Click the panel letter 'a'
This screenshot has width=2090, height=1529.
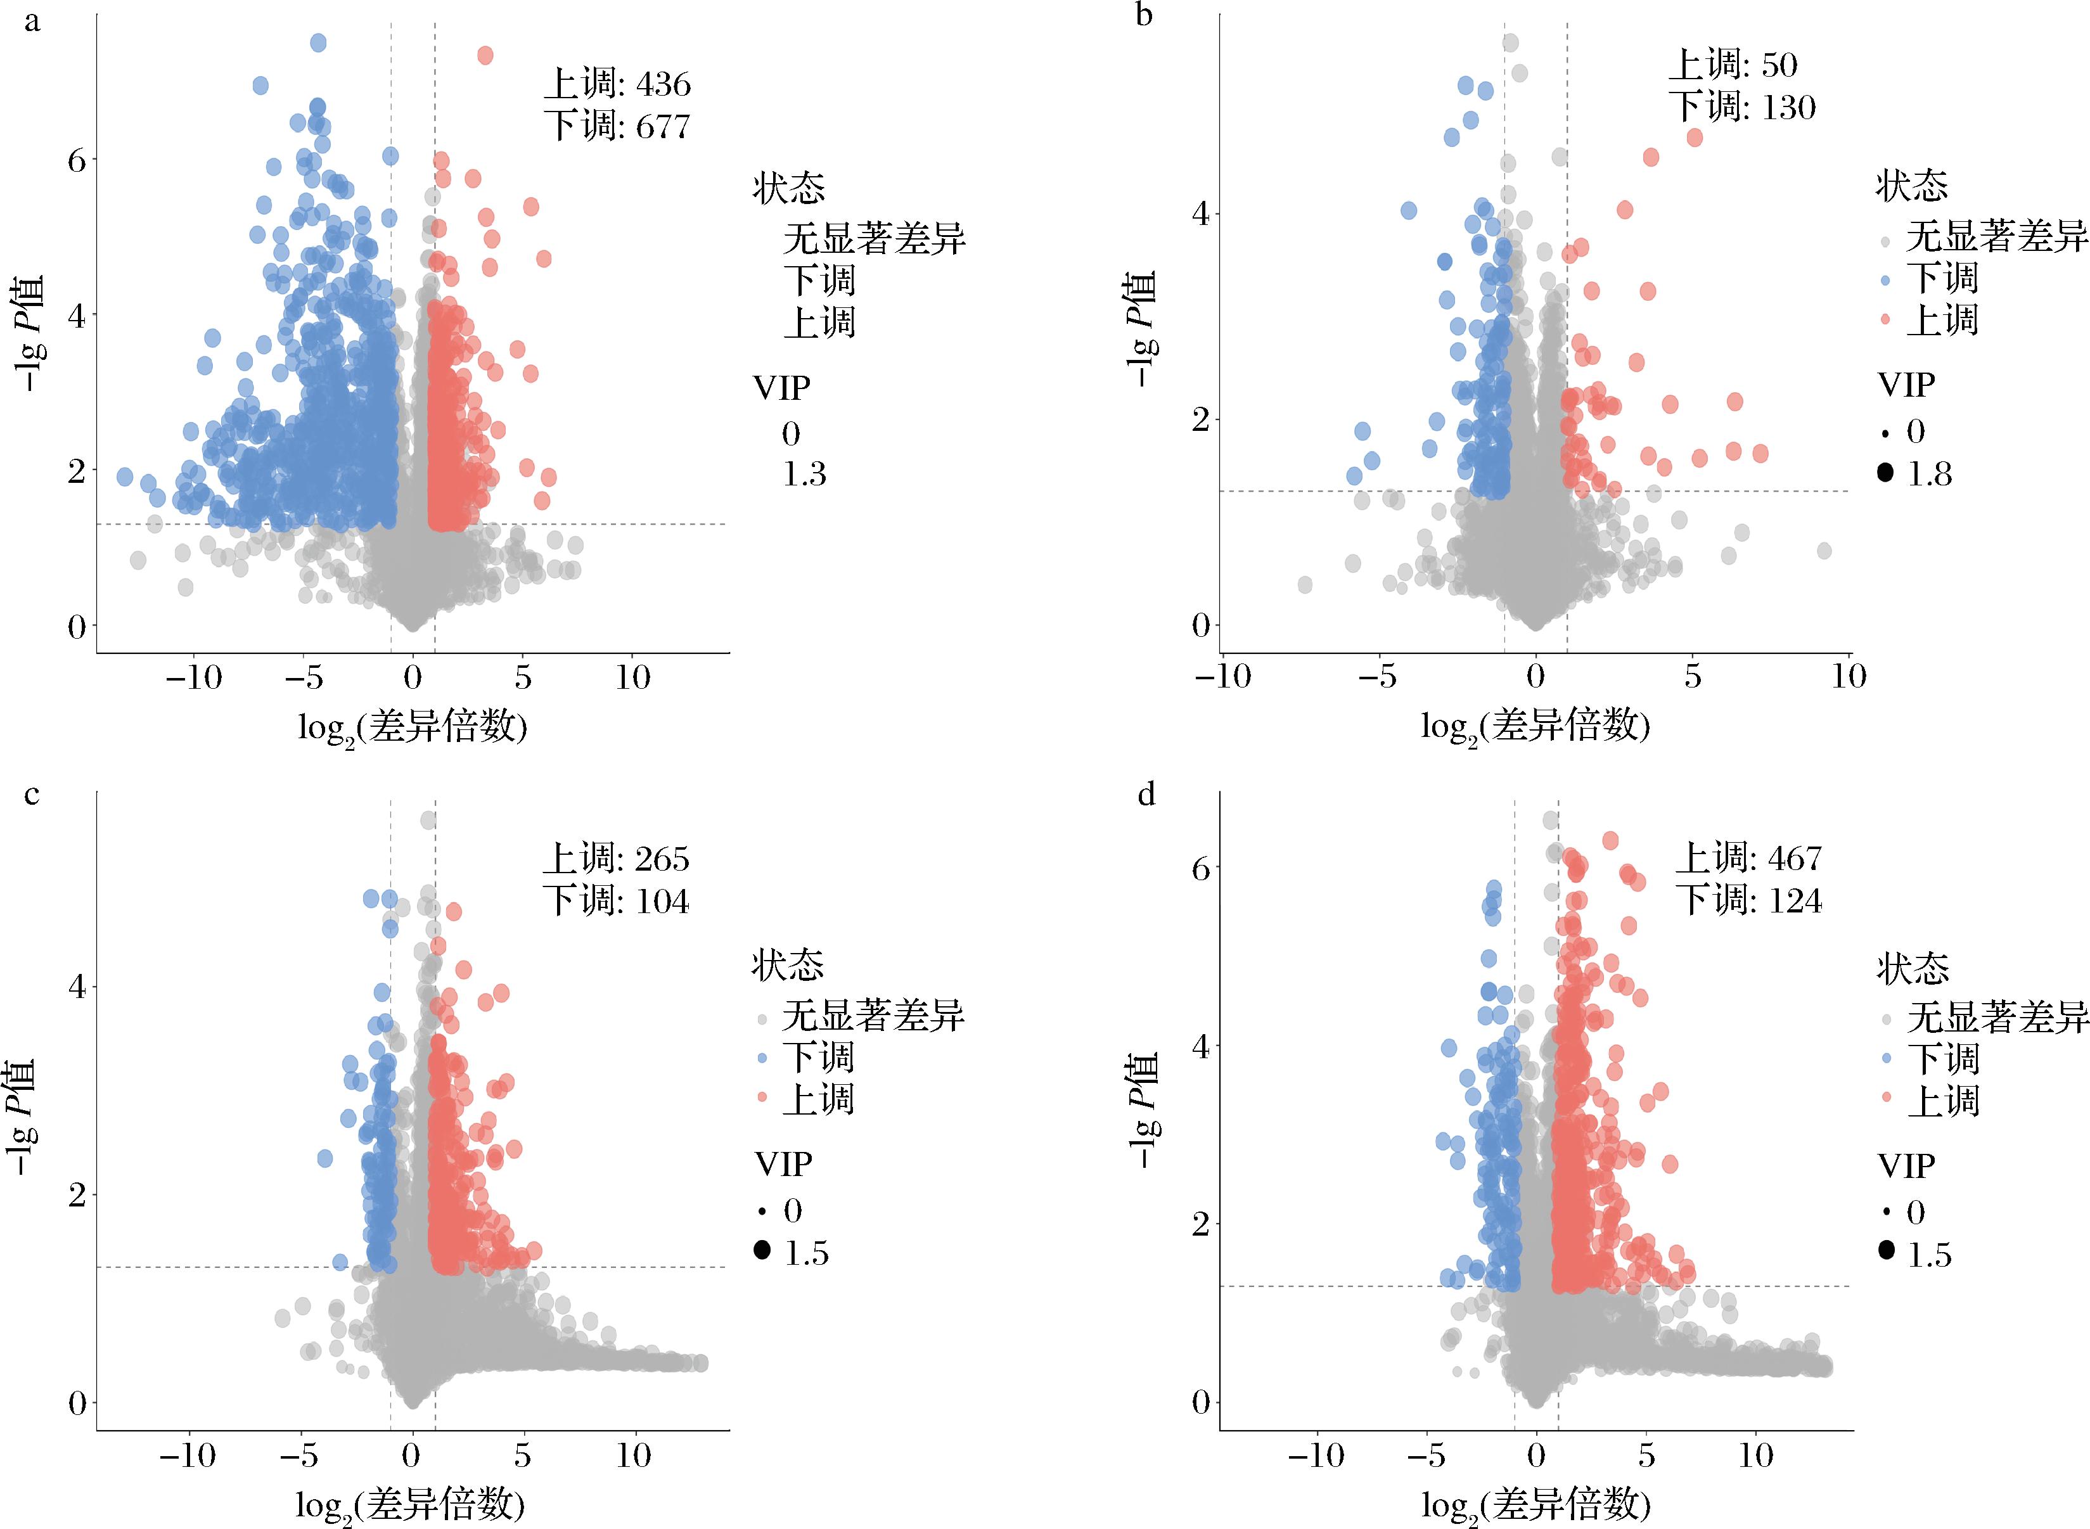coord(32,20)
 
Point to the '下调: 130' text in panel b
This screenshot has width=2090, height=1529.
coord(1742,107)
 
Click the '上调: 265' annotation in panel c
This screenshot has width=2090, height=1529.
coord(615,859)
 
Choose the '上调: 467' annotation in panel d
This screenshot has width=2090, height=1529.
coord(1748,858)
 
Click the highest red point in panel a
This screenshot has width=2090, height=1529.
coord(485,56)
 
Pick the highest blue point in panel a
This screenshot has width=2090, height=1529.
coord(318,42)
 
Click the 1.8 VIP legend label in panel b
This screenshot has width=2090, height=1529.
coord(1930,474)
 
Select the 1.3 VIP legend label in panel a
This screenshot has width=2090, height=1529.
coord(804,475)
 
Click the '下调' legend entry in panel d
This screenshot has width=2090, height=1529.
coord(1944,1059)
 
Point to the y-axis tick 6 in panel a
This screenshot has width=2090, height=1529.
coord(76,160)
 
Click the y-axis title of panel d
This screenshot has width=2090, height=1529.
coord(1143,1111)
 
